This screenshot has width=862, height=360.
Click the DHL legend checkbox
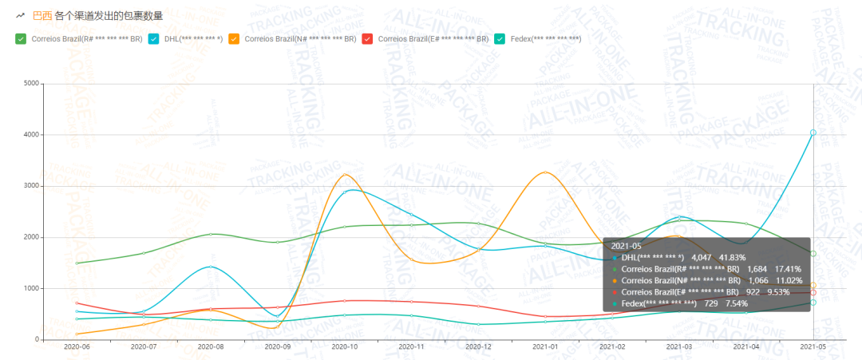[x=154, y=38]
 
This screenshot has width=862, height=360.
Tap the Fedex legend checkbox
[x=500, y=38]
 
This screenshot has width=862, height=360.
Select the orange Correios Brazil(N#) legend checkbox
[x=234, y=38]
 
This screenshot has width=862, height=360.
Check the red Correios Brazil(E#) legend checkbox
[x=367, y=38]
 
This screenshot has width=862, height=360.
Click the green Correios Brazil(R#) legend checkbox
[x=21, y=38]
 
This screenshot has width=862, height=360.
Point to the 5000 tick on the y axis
[x=31, y=83]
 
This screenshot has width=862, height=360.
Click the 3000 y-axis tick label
[x=31, y=186]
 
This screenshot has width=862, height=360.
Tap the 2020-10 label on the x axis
[x=344, y=347]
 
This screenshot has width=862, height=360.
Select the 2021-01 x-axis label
[x=545, y=347]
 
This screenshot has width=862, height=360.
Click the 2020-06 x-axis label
[x=77, y=347]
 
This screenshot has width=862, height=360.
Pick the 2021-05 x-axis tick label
[x=813, y=347]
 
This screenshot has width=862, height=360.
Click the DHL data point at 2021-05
[x=813, y=133]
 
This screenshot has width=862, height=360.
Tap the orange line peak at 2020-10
[x=344, y=175]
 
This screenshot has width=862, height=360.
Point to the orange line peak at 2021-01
[x=544, y=172]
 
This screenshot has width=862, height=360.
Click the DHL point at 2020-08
[x=211, y=267]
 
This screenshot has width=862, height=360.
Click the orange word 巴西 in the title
[x=42, y=15]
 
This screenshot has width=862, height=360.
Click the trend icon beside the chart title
[x=20, y=15]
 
